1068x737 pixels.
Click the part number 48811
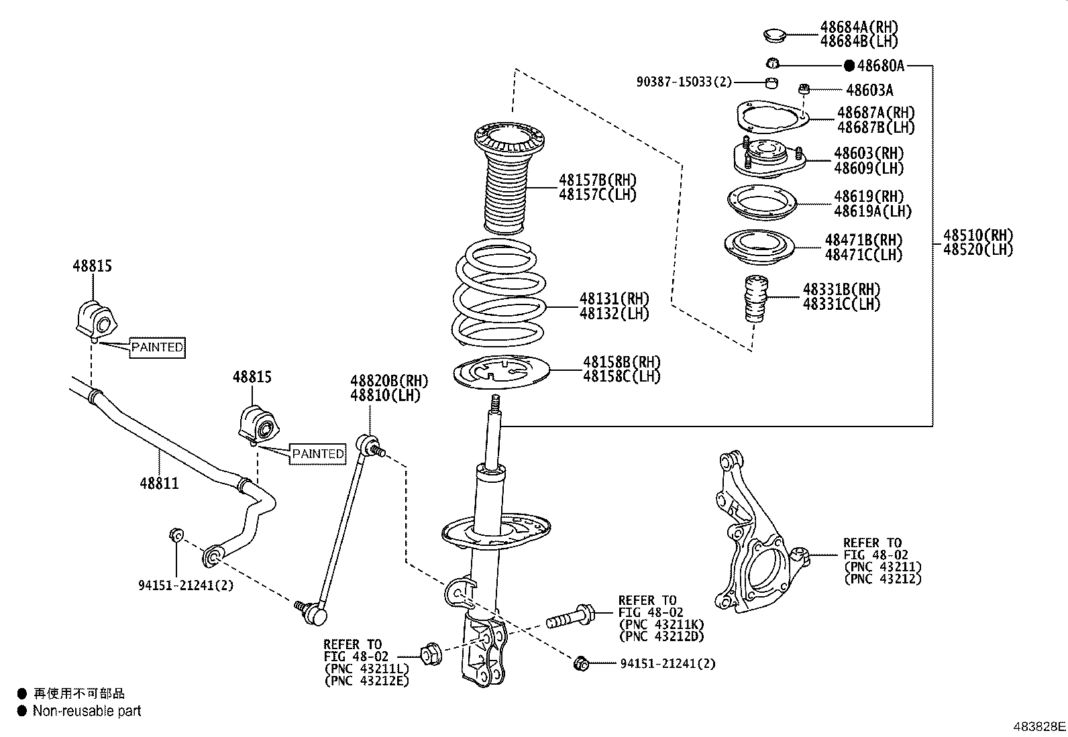tap(159, 483)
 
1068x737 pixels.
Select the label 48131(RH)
tap(614, 298)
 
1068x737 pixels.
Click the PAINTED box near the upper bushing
tap(157, 347)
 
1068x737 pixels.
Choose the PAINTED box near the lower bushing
tap(318, 454)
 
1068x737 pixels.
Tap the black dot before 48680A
tap(849, 66)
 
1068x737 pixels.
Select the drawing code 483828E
tap(1038, 726)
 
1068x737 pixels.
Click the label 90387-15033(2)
tap(684, 82)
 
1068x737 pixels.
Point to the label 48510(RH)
tap(977, 235)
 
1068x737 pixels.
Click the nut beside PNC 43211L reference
tap(429, 653)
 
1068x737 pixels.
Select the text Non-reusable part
tap(87, 711)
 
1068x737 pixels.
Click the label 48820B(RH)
tap(388, 381)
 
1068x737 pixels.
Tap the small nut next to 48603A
tap(806, 89)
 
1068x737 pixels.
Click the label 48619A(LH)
tap(872, 211)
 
